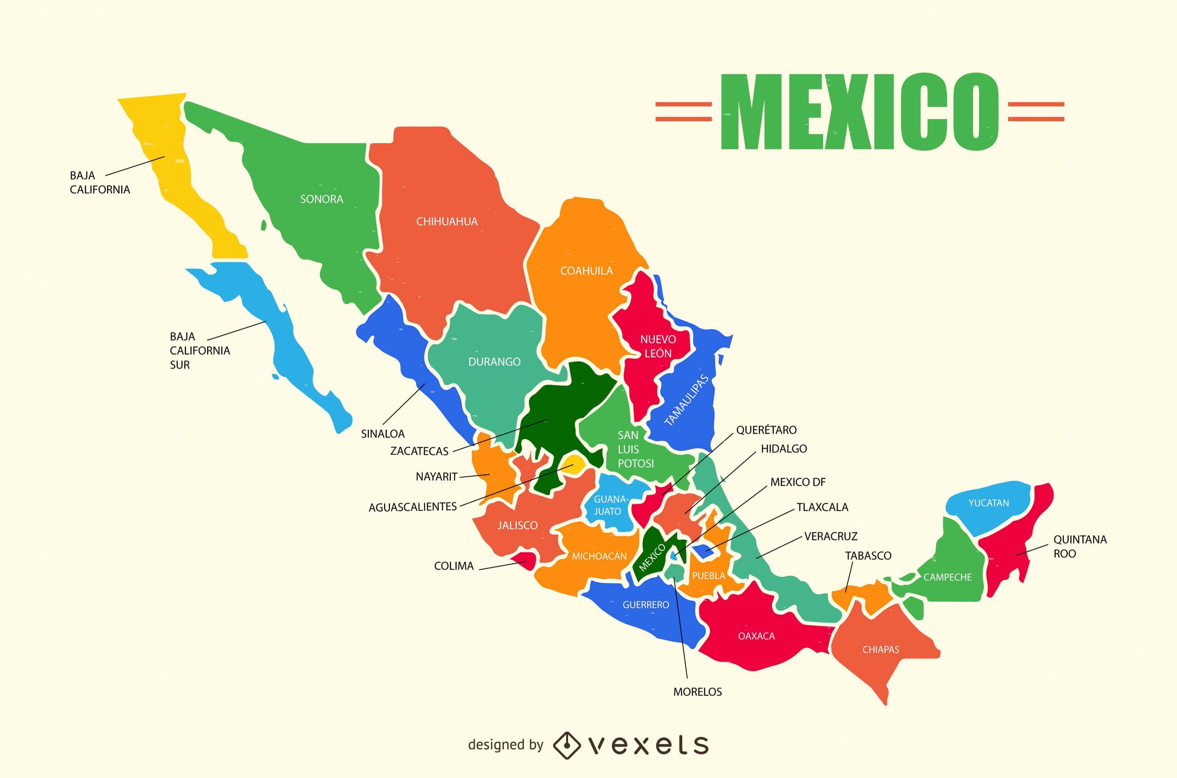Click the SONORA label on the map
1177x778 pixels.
321,199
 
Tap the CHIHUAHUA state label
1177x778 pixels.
447,221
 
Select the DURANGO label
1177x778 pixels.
494,362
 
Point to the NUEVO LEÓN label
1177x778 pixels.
658,346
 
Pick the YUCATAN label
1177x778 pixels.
988,503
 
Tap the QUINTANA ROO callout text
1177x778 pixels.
1080,546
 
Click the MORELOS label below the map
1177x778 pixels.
698,692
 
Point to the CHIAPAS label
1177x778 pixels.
881,649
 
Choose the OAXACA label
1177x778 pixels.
756,636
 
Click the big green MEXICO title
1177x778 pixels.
859,112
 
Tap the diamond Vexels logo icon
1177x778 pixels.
567,745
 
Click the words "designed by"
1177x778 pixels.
505,745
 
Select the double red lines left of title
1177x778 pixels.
683,112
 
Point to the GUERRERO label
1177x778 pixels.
646,605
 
